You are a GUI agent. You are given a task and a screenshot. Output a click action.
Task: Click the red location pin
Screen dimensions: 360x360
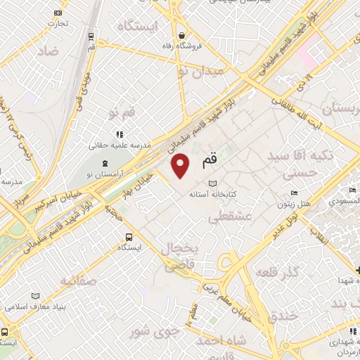pyautogui.click(x=181, y=165)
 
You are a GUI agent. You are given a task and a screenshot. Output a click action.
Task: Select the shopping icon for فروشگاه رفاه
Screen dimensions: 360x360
pyautogui.click(x=181, y=35)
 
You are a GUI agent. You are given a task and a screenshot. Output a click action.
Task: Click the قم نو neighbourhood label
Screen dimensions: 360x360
pyautogui.click(x=121, y=113)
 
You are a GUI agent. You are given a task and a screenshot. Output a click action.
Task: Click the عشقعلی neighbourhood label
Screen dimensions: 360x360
pyautogui.click(x=229, y=218)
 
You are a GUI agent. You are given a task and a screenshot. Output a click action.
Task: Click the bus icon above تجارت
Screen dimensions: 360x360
pyautogui.click(x=58, y=12)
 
